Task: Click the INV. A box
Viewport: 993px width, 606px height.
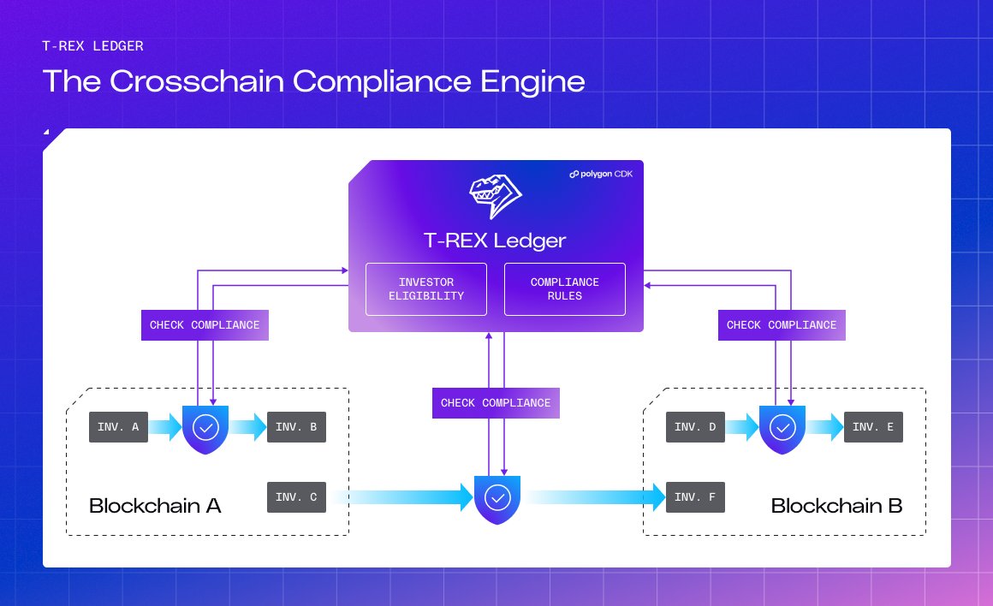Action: tap(118, 427)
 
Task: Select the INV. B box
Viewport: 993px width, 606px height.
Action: tap(296, 427)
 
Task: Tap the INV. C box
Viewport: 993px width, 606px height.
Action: tap(296, 497)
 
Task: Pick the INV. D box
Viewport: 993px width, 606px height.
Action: tap(695, 427)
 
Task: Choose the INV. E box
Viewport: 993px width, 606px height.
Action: tap(873, 427)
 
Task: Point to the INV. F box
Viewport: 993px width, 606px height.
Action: tap(695, 497)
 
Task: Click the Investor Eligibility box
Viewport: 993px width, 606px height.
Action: tap(426, 288)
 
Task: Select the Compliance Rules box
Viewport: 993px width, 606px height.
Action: tap(565, 288)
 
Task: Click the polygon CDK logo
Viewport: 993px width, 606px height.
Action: tap(601, 174)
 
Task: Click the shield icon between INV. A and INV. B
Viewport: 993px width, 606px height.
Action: tap(205, 430)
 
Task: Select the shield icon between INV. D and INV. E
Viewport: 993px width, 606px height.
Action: tap(782, 430)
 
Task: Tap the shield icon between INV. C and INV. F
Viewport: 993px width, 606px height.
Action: tap(497, 500)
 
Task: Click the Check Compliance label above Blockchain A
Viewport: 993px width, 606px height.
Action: tap(205, 325)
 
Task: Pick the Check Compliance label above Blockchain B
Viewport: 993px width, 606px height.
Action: tap(782, 325)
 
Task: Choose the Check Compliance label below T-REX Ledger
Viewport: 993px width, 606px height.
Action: tap(496, 403)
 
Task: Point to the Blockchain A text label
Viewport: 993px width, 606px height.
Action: tap(155, 505)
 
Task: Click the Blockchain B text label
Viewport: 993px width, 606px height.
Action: tap(836, 505)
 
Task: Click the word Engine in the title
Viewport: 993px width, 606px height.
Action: tap(532, 82)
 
